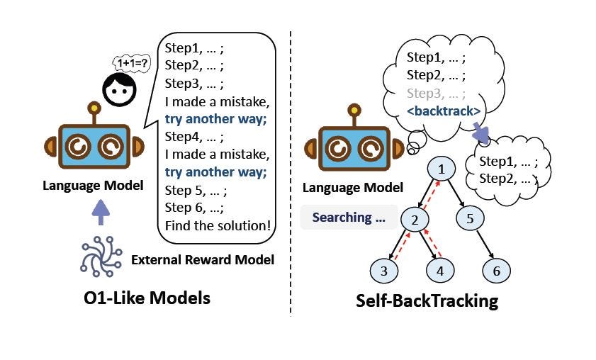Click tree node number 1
[443, 169]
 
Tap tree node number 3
[383, 271]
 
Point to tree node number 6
[496, 271]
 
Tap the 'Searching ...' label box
[345, 218]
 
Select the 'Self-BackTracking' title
[427, 300]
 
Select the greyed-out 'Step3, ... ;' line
[434, 93]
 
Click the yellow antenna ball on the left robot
[93, 109]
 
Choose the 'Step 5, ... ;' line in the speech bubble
[193, 190]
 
